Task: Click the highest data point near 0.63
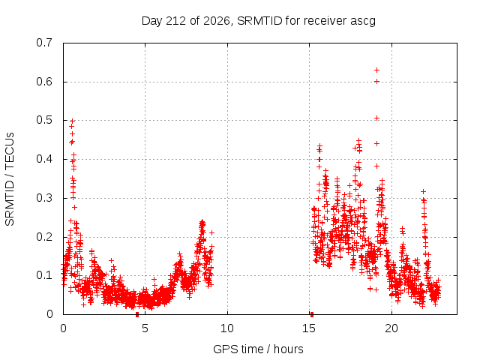[x=376, y=70]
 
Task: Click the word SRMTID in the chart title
[x=259, y=21]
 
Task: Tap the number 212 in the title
[x=175, y=21]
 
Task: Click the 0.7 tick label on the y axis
[x=44, y=43]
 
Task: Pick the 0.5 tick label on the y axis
[x=44, y=120]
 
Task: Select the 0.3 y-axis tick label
[x=44, y=198]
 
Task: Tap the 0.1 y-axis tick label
[x=44, y=275]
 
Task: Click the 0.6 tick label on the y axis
[x=44, y=82]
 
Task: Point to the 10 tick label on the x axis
[x=227, y=328]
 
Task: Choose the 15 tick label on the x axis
[x=309, y=328]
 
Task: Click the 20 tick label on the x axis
[x=391, y=328]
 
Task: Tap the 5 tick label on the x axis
[x=145, y=328]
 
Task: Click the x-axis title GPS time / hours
[x=258, y=349]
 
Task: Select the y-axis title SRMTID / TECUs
[x=10, y=179]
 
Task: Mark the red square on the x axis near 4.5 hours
[x=137, y=314]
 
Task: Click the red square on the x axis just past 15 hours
[x=312, y=314]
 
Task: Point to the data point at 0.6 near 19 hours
[x=376, y=82]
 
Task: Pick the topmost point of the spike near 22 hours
[x=423, y=192]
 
